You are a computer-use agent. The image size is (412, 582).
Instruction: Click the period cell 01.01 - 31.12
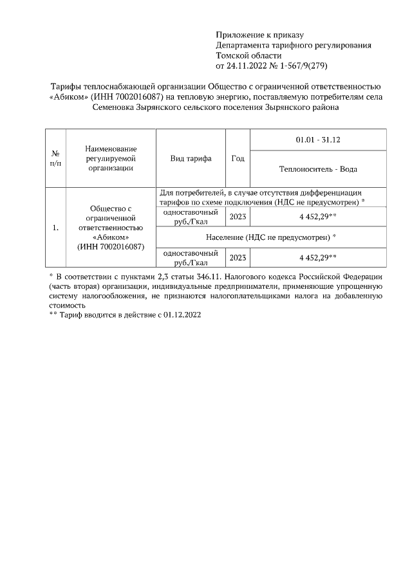click(318, 139)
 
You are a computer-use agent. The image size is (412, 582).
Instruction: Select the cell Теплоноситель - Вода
click(318, 169)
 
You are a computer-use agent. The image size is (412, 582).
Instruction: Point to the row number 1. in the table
click(55, 227)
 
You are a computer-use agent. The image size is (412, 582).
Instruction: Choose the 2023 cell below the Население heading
click(238, 257)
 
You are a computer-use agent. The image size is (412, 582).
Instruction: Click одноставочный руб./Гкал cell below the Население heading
click(191, 257)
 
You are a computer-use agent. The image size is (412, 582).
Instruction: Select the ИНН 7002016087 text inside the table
click(111, 246)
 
